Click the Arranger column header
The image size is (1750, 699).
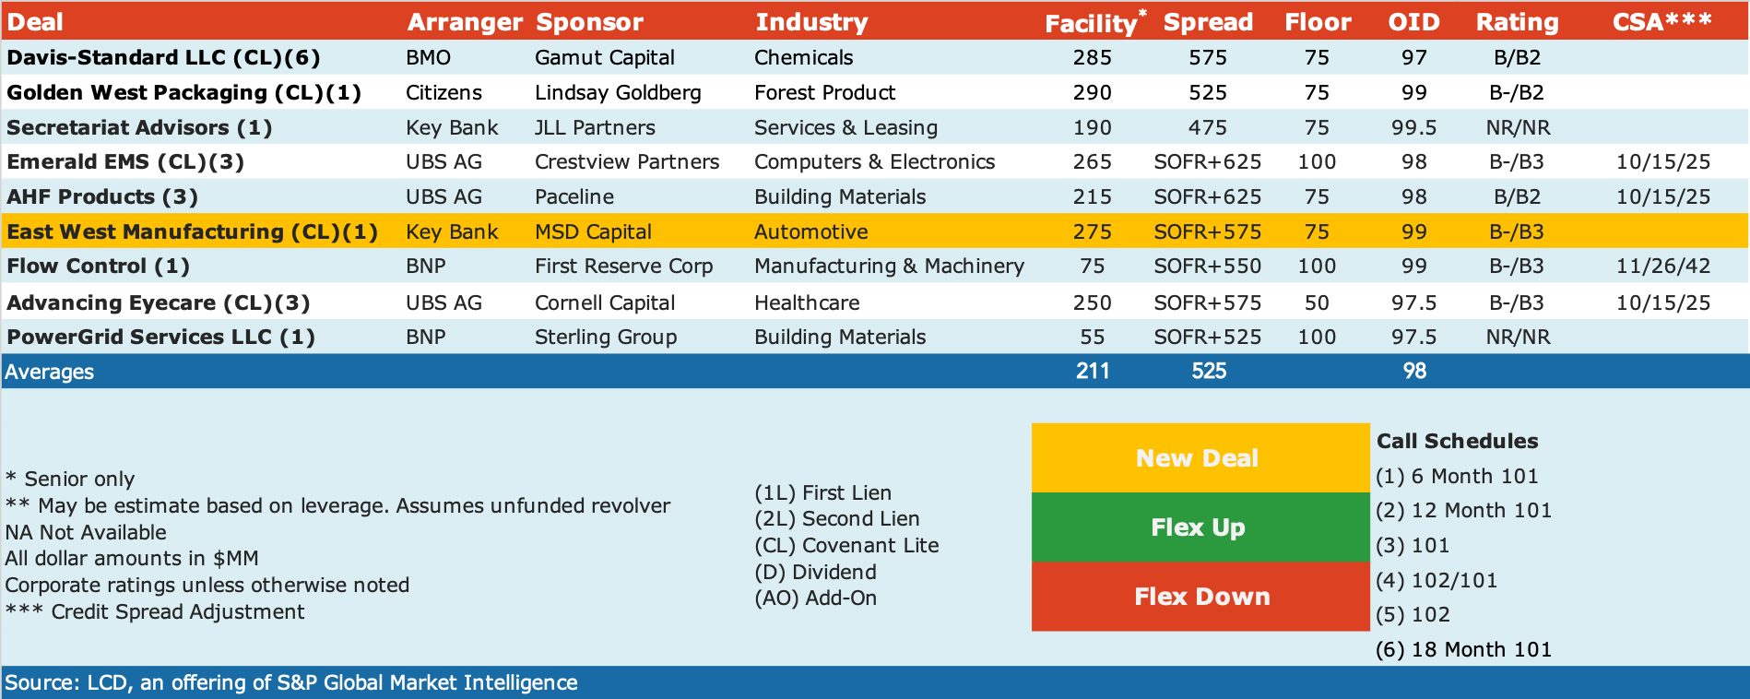coord(465,22)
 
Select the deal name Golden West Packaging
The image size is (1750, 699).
coord(136,92)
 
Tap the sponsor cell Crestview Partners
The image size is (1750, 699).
coord(627,161)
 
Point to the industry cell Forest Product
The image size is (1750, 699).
coord(824,92)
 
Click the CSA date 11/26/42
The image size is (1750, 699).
coord(1662,267)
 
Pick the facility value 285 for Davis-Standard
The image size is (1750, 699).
coord(1092,57)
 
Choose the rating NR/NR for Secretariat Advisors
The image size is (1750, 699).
coord(1518,127)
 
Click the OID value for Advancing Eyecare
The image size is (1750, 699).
coord(1413,302)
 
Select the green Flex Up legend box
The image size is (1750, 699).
coord(1200,527)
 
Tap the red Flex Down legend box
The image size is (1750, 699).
coord(1200,597)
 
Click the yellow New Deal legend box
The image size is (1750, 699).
coord(1200,458)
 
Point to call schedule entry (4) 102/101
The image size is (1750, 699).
coord(1437,580)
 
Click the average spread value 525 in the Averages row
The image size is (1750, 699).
coord(1208,371)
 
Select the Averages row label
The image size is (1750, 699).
coord(49,372)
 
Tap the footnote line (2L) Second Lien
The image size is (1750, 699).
coord(836,518)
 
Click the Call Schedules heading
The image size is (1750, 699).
coord(1457,441)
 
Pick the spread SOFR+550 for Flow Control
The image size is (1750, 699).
coord(1207,267)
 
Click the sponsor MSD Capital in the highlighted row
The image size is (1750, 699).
coord(593,231)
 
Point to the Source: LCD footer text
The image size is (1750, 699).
coord(291,682)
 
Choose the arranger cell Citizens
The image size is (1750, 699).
coord(443,92)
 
